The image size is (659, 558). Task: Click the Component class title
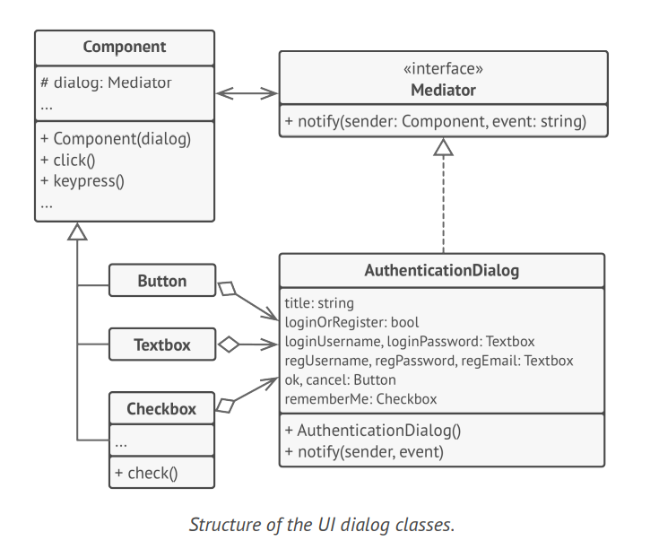[125, 47]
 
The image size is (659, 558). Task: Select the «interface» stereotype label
[443, 69]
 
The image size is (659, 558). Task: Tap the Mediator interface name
[443, 90]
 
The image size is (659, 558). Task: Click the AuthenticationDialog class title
[441, 270]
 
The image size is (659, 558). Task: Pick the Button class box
[161, 281]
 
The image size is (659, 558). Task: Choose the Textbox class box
[161, 344]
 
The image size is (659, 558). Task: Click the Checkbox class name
[161, 408]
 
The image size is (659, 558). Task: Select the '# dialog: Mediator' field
[106, 83]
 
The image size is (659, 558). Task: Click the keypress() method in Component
[82, 180]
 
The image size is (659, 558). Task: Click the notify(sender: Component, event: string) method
[436, 121]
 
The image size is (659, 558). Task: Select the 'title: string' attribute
[319, 303]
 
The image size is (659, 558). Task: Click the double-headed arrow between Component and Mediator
[247, 92]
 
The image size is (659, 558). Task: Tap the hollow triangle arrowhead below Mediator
[443, 146]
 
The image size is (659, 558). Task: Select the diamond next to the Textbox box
[230, 344]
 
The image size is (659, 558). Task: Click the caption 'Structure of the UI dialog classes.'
[322, 525]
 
